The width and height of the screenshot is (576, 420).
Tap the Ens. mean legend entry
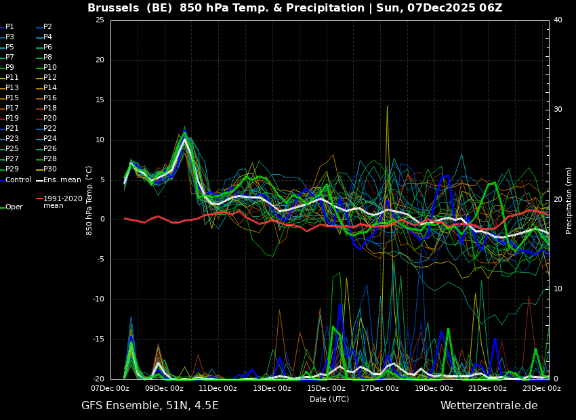(58, 180)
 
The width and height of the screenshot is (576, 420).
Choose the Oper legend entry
(12, 207)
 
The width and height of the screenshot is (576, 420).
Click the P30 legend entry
(46, 169)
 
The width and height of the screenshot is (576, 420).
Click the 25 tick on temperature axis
(100, 20)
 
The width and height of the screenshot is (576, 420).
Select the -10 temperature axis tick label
(98, 299)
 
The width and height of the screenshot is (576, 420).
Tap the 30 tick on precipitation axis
(558, 110)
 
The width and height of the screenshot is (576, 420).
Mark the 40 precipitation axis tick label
(558, 20)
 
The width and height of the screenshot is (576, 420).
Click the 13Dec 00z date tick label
(272, 388)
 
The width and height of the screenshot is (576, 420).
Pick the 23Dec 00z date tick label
(541, 388)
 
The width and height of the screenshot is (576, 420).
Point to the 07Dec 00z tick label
(110, 388)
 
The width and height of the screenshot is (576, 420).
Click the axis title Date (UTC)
(329, 399)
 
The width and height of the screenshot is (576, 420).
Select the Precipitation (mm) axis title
(569, 200)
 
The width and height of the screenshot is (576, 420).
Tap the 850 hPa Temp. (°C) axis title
(89, 201)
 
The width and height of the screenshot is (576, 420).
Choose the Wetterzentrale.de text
(489, 406)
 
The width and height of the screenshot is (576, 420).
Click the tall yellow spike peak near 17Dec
(387, 106)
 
